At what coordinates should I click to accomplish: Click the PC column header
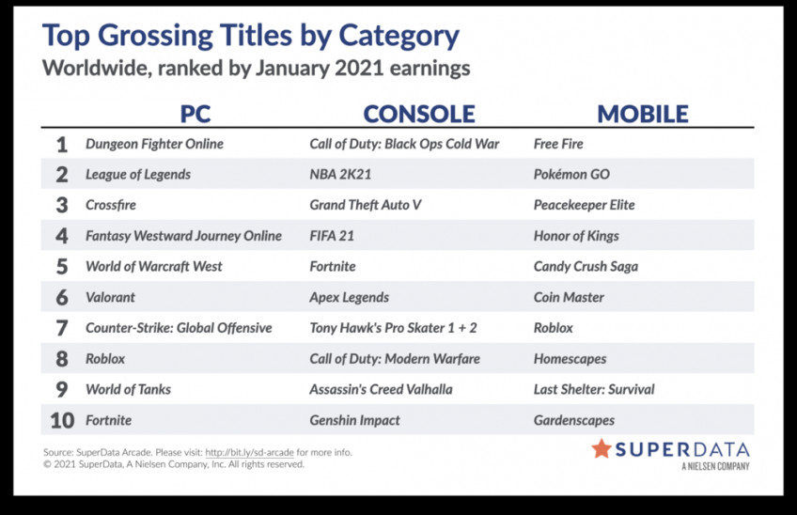click(x=195, y=114)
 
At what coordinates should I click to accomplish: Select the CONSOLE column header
click(x=419, y=114)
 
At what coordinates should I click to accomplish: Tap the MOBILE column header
click(x=643, y=114)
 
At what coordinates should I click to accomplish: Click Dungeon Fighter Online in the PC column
click(x=154, y=145)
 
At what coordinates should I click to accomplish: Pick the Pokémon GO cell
click(x=571, y=175)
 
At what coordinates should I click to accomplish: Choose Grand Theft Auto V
click(x=366, y=205)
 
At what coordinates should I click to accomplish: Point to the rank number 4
click(x=61, y=236)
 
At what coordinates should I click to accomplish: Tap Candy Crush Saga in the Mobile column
click(x=586, y=267)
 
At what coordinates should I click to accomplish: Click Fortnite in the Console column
click(x=333, y=266)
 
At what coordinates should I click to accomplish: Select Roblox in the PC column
click(x=105, y=359)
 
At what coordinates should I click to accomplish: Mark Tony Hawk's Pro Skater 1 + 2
click(x=394, y=328)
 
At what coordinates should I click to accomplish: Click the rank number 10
click(x=62, y=420)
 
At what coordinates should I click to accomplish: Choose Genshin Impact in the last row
click(x=354, y=420)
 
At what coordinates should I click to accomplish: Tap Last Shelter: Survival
click(x=594, y=389)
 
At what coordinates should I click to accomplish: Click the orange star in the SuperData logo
click(x=602, y=449)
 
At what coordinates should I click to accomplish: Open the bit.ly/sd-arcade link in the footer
click(x=250, y=452)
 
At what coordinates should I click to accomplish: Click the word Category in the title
click(x=399, y=37)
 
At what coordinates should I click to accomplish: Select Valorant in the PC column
click(x=110, y=297)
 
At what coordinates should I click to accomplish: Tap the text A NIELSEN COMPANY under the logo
click(x=715, y=466)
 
